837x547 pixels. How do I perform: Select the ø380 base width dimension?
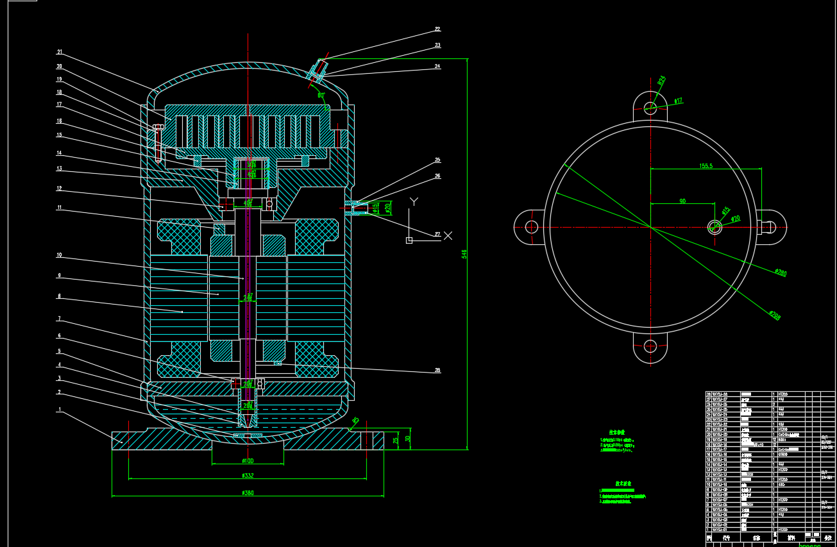pyautogui.click(x=248, y=492)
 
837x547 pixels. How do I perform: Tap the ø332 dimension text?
pyautogui.click(x=248, y=475)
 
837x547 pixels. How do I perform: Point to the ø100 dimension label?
pyautogui.click(x=248, y=460)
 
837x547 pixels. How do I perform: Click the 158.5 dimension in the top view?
pyautogui.click(x=706, y=165)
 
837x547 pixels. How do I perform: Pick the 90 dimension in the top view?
pyautogui.click(x=682, y=201)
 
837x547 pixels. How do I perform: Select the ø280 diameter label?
pyautogui.click(x=780, y=273)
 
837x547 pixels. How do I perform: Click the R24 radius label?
pyautogui.click(x=661, y=81)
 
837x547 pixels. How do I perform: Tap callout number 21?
pyautogui.click(x=59, y=52)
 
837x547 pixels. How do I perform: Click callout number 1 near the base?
pyautogui.click(x=60, y=409)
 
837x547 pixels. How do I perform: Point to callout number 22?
pyautogui.click(x=437, y=29)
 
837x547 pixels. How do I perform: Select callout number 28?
pyautogui.click(x=437, y=371)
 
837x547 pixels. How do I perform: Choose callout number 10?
pyautogui.click(x=59, y=255)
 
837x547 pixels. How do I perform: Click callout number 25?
pyautogui.click(x=437, y=160)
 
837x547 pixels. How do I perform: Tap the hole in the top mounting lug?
pyautogui.click(x=650, y=107)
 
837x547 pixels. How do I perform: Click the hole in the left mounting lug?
pyautogui.click(x=531, y=227)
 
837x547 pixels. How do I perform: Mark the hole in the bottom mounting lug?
pyautogui.click(x=650, y=347)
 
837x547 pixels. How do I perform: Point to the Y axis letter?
pyautogui.click(x=414, y=201)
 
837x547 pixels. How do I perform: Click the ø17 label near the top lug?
pyautogui.click(x=678, y=101)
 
